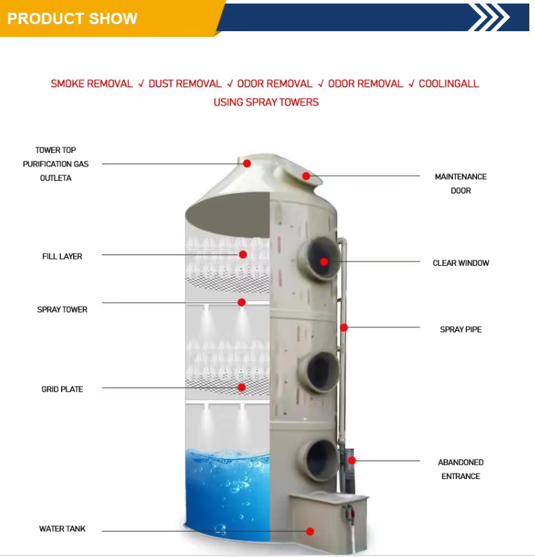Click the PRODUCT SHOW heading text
[72, 18]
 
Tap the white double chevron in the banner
[490, 17]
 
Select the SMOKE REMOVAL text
[91, 84]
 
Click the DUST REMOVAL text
[185, 84]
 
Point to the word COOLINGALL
[449, 84]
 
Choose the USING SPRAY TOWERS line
[266, 102]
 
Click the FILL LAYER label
[62, 257]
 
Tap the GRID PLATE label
[62, 389]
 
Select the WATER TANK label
[62, 529]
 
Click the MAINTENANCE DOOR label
[461, 184]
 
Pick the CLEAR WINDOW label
[461, 263]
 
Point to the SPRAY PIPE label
[461, 330]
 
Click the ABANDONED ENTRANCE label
[461, 469]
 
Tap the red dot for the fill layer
[243, 254]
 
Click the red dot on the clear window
[324, 261]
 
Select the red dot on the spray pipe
[344, 327]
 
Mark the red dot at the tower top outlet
[247, 164]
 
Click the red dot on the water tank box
[310, 531]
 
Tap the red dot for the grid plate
[242, 387]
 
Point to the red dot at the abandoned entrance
[351, 461]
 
